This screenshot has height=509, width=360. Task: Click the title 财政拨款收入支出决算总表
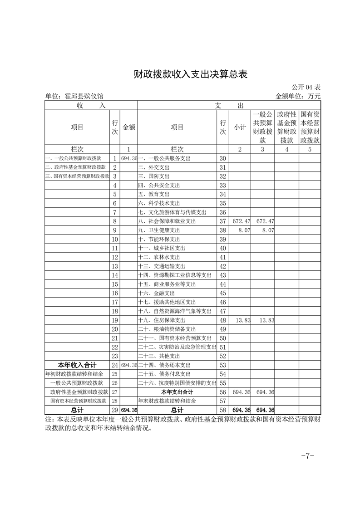click(191, 74)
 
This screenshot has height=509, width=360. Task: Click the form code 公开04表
click(306, 87)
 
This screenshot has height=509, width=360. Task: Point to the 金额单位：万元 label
click(298, 96)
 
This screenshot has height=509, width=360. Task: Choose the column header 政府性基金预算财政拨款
click(286, 127)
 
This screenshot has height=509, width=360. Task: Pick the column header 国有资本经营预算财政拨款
click(310, 127)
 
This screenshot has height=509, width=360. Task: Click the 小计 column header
click(240, 127)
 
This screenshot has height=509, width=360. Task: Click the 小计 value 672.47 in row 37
click(241, 221)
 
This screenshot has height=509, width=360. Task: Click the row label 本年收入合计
click(77, 365)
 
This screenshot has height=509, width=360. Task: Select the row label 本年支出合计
click(177, 392)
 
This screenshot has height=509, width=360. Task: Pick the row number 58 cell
click(222, 410)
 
